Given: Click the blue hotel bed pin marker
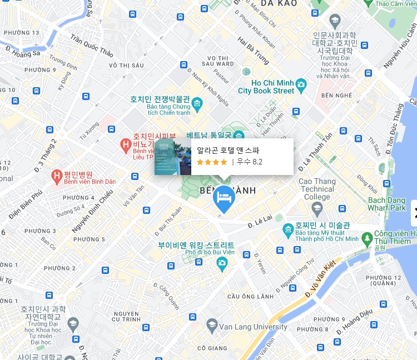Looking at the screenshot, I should tap(224, 197).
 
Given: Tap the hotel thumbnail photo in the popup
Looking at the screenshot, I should tap(173, 157).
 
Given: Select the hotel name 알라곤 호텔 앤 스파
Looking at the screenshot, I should tap(228, 150).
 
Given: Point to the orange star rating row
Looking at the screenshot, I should tap(212, 162).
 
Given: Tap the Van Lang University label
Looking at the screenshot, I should tap(254, 327).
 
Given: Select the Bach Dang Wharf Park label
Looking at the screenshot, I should tap(387, 204).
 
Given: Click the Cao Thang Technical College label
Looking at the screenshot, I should tap(317, 189).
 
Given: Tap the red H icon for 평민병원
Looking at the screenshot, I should tap(56, 177).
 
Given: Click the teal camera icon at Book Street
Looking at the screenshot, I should tap(301, 85).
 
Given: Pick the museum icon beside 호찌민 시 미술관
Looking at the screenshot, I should tap(288, 229).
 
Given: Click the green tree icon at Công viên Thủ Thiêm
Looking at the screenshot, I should tap(366, 239).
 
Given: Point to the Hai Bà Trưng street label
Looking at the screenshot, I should tap(253, 51).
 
